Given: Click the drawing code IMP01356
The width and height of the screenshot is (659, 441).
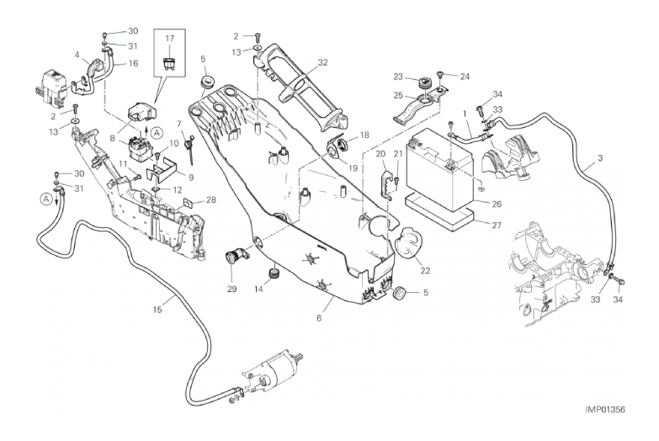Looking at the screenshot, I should pyautogui.click(x=614, y=409).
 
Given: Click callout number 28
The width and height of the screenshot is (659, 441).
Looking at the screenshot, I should pyautogui.click(x=211, y=199).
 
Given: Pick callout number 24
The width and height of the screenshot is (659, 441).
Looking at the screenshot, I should pyautogui.click(x=464, y=76).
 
